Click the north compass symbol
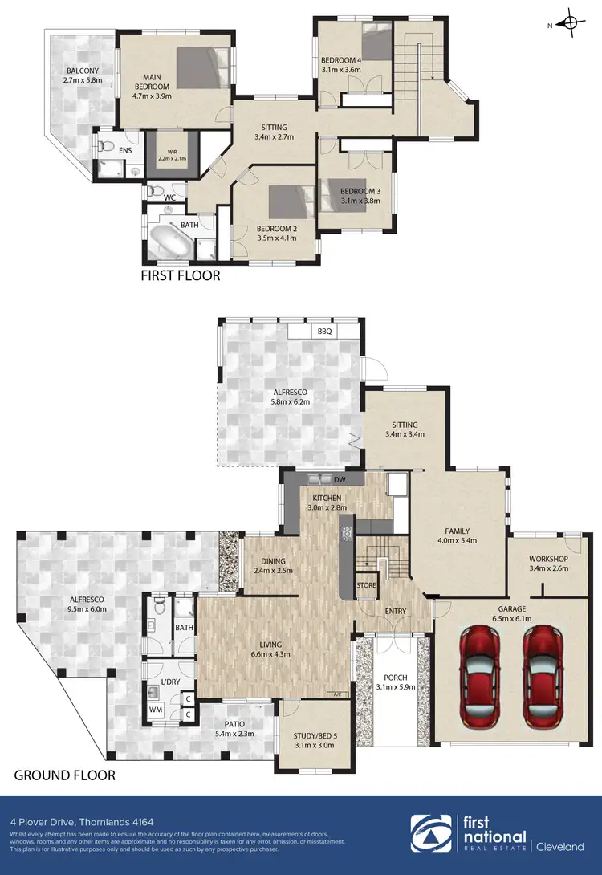(571, 23)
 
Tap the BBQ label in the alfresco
(325, 331)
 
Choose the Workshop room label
(549, 559)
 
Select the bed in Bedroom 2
(283, 203)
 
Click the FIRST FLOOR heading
(181, 275)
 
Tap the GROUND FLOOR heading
(64, 775)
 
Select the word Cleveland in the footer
(560, 846)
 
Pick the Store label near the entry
(366, 585)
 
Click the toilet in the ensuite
(105, 147)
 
